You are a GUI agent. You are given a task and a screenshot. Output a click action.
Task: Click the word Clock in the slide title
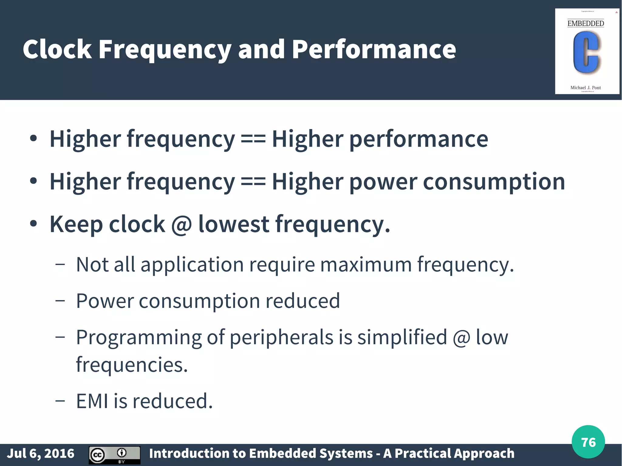(57, 49)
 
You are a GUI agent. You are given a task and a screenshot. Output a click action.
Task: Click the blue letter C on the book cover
(586, 52)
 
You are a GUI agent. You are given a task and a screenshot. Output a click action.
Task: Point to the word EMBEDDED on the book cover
(586, 23)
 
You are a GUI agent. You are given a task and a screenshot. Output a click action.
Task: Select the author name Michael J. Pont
(586, 87)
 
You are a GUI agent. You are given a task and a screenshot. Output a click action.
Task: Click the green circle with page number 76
(588, 442)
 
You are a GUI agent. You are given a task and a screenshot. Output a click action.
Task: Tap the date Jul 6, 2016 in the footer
(40, 453)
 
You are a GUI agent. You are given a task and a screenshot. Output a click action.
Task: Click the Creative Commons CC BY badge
(114, 455)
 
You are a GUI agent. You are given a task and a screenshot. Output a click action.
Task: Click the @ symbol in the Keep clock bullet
(181, 224)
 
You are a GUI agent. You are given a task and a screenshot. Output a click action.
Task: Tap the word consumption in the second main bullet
(494, 182)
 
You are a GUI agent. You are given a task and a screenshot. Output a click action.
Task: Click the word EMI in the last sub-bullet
(92, 401)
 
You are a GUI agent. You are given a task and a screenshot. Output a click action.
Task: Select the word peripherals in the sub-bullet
(281, 337)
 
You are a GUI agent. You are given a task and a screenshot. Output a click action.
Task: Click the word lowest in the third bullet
(234, 224)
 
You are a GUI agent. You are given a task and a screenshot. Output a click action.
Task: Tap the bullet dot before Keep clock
(33, 224)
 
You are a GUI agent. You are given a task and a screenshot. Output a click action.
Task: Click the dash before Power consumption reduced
(60, 301)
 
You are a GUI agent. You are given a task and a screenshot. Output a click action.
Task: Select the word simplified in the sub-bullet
(402, 337)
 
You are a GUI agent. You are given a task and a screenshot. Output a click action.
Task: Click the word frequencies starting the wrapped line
(132, 365)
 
